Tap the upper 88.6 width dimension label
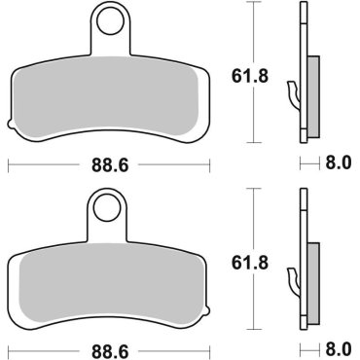coord(109,164)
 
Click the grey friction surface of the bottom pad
coord(109,282)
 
